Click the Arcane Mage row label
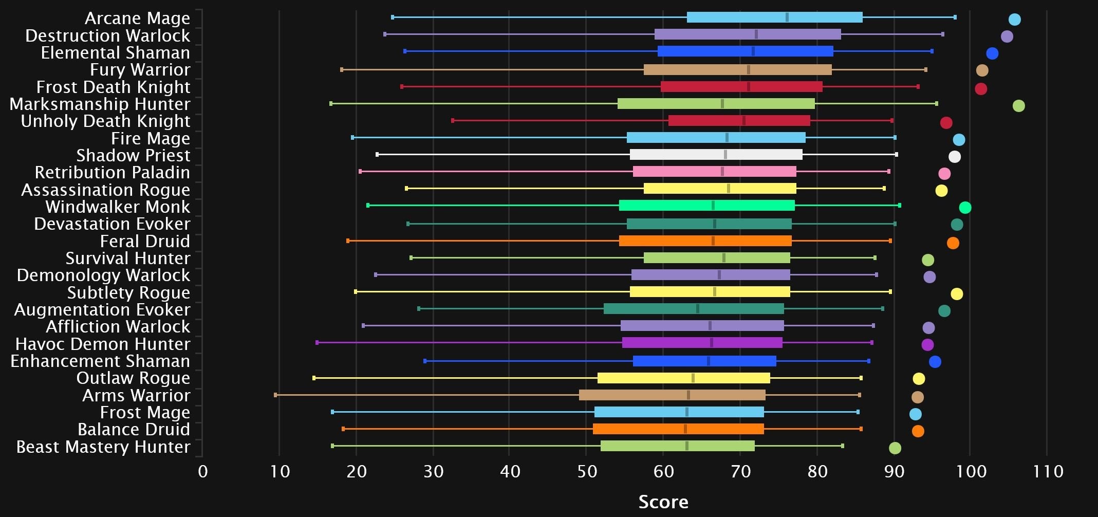click(137, 18)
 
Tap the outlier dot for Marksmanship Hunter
click(1018, 106)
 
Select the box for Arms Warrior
click(672, 395)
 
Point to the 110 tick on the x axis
click(1048, 471)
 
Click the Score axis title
click(663, 502)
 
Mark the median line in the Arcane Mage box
click(787, 17)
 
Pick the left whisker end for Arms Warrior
click(276, 395)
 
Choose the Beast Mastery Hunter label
click(103, 447)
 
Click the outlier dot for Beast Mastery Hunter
click(895, 448)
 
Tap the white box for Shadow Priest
click(716, 155)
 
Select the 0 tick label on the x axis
click(203, 471)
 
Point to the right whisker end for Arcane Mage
click(955, 17)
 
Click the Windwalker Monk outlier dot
click(965, 208)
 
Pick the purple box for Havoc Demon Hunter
click(702, 343)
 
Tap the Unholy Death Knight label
click(105, 121)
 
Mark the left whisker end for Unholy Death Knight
click(453, 121)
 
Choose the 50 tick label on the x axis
click(587, 471)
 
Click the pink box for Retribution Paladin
click(714, 172)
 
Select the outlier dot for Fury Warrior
click(982, 70)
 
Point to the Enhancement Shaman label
click(100, 361)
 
